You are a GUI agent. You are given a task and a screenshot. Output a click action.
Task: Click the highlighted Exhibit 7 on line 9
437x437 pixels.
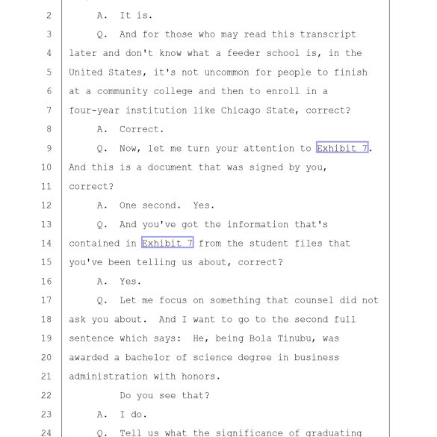342,147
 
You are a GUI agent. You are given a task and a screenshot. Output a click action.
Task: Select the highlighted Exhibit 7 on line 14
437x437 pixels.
167,242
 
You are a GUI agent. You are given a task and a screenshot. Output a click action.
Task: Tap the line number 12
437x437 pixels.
46,205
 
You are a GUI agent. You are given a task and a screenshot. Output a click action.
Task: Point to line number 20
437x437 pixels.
46,357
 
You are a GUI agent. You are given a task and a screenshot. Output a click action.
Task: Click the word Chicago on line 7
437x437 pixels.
241,111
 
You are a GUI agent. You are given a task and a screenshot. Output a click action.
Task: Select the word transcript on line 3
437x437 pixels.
328,34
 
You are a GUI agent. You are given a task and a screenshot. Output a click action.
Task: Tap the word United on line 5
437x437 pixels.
86,72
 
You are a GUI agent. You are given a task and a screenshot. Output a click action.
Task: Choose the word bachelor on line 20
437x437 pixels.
147,357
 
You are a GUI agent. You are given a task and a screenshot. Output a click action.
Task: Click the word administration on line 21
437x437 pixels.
108,376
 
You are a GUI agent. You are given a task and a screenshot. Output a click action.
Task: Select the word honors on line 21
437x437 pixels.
198,376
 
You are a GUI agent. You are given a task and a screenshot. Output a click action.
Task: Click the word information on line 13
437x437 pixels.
258,224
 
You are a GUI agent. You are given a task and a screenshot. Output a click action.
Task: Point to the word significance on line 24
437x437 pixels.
250,433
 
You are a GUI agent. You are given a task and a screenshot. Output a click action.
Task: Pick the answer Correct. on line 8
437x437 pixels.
142,129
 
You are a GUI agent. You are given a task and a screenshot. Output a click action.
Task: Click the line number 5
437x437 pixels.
49,72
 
